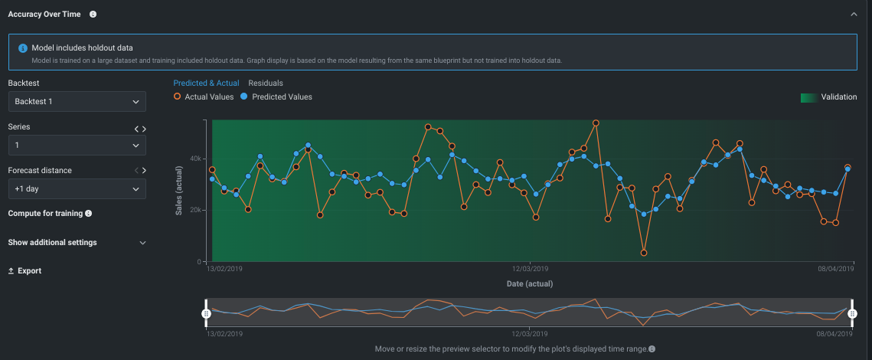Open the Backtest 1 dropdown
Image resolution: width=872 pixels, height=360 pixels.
coord(77,101)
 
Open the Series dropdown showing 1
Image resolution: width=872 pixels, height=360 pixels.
coord(77,145)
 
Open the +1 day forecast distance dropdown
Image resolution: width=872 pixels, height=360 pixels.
coord(77,188)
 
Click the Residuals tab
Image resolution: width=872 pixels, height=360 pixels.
coord(266,83)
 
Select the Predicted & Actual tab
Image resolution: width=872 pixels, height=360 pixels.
coord(206,83)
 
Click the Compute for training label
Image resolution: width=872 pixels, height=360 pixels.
coord(45,214)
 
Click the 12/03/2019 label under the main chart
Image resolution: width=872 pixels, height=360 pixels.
coord(530,270)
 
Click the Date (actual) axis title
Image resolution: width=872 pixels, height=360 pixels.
coord(530,283)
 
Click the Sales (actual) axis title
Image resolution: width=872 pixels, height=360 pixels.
coord(179,191)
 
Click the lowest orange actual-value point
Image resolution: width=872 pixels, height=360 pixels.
coord(644,253)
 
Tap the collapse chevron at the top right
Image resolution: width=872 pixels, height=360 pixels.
coord(854,14)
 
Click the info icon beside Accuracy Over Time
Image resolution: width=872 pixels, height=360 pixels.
coord(93,14)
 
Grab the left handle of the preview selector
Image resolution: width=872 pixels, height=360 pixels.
coord(206,313)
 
